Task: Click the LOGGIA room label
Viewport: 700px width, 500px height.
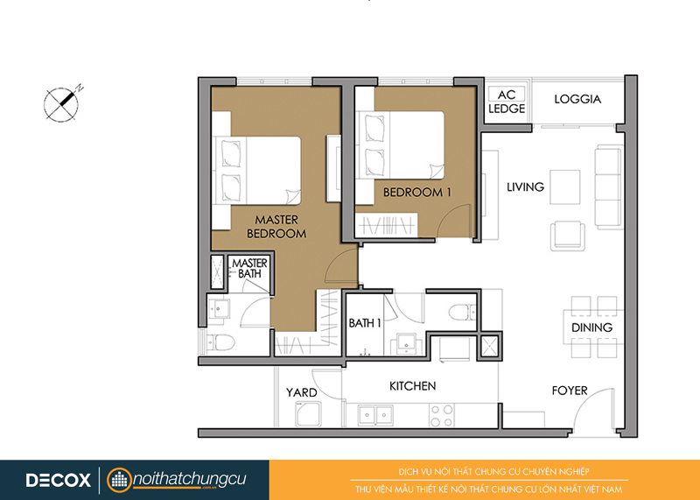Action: click(577, 99)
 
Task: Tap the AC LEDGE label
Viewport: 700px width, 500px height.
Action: click(507, 102)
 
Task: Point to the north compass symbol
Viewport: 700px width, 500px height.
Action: click(63, 103)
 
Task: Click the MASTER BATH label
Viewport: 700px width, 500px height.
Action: click(249, 268)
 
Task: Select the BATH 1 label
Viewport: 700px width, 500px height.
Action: click(365, 322)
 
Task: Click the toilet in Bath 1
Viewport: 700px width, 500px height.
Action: click(462, 312)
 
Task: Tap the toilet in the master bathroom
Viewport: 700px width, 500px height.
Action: click(220, 342)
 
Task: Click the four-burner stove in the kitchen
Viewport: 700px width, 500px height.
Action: click(442, 415)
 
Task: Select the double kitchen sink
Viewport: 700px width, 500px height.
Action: click(375, 415)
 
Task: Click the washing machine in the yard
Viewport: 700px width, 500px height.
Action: click(308, 414)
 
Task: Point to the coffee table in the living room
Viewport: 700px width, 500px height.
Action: click(564, 187)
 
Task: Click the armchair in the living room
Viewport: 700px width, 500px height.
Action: click(567, 236)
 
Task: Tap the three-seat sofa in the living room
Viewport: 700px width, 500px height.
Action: click(608, 187)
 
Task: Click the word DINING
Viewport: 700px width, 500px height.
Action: click(592, 327)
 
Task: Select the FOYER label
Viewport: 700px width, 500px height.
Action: click(570, 391)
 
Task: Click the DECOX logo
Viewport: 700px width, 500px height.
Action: click(58, 481)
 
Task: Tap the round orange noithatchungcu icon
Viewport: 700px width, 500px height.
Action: click(120, 481)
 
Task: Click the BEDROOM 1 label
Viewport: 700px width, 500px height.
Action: click(417, 192)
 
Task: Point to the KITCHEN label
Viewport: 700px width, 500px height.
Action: click(412, 386)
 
